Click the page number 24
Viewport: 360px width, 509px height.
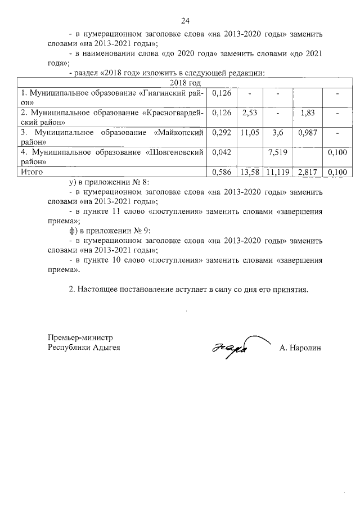(x=185, y=20)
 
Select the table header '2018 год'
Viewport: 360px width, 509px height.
(x=185, y=83)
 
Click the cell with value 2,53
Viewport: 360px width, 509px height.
(x=249, y=112)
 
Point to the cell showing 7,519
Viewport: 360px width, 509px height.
(x=278, y=152)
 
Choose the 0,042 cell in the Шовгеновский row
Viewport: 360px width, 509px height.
(x=222, y=152)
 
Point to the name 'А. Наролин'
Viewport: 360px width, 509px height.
(x=299, y=348)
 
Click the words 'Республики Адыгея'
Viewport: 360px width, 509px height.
(x=84, y=348)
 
